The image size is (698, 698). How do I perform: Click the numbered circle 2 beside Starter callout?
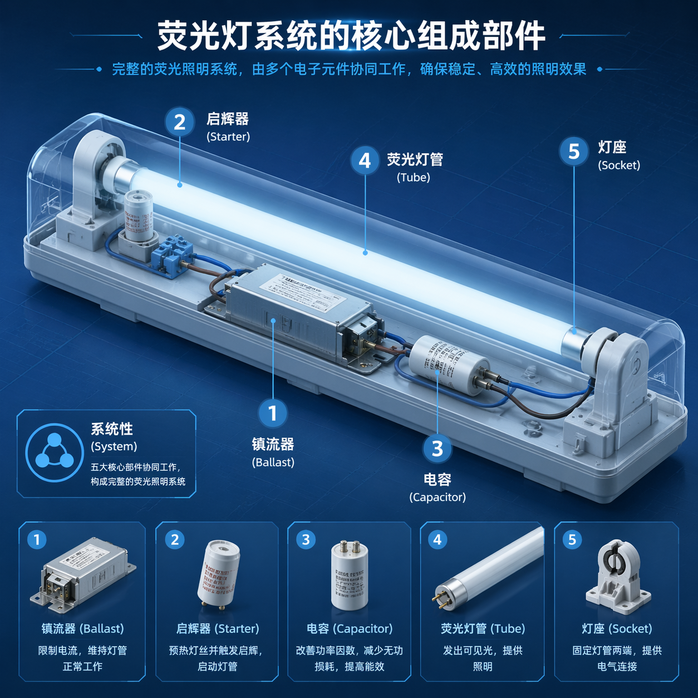coord(179,122)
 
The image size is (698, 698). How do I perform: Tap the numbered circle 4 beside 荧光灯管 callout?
coord(365,160)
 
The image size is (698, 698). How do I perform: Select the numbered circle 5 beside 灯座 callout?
coord(574,151)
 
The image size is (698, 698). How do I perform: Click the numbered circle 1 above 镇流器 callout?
coord(272,414)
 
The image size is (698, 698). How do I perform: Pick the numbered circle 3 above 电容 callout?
coord(437,448)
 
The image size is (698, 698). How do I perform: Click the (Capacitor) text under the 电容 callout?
coord(438,497)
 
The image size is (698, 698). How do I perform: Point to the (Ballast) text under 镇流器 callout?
coord(273,462)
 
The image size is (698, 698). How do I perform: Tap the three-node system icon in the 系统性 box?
coord(54,453)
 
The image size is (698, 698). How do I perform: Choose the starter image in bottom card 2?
coord(218,573)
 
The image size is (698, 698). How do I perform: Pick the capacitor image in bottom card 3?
coord(350,576)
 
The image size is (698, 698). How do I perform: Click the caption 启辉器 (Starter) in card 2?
coord(218,628)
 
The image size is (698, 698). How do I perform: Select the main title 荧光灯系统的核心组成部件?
coord(351,36)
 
